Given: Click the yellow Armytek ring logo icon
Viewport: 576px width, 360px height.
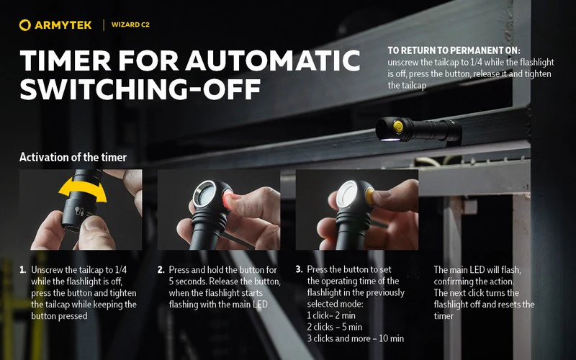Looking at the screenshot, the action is pos(25,25).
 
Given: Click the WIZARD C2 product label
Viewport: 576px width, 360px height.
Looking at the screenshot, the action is pos(130,25).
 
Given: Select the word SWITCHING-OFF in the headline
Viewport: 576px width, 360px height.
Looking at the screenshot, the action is pos(140,89).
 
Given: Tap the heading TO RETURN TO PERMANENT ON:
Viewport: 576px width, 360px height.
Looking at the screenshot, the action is pos(454,50).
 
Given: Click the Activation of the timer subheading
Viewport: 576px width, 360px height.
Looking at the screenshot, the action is pos(73,157).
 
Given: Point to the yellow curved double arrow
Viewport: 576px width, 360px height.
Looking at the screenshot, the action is pos(83,189).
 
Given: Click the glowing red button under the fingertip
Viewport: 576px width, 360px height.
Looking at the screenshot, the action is pos(227,200).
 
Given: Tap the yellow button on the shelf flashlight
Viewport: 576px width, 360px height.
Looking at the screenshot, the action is pos(398,127).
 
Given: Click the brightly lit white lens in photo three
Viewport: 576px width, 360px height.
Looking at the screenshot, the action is pos(346,194).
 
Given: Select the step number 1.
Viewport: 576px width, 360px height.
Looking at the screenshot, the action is pos(23,270).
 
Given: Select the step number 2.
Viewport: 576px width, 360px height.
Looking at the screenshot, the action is pos(161,270).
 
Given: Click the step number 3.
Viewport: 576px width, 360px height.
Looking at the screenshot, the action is pos(299,269).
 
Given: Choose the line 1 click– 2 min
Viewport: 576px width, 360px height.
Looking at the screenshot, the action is pos(331,315).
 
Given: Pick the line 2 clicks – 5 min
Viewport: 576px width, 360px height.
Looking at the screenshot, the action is pos(335,327).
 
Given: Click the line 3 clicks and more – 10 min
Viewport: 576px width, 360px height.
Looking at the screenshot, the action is pos(355,338).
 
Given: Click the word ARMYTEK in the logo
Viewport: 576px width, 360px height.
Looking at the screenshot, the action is pos(63,25).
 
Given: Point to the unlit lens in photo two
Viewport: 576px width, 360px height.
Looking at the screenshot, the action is pos(204,194).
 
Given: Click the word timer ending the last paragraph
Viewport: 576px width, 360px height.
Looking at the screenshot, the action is pos(444,316).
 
